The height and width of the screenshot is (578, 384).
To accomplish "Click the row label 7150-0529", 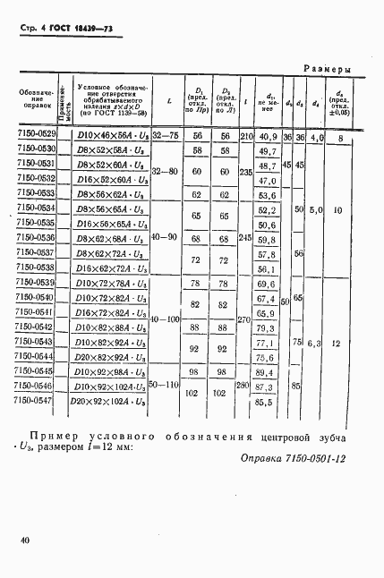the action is pos(36,135).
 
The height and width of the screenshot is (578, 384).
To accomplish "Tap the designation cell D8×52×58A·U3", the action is pos(110,150).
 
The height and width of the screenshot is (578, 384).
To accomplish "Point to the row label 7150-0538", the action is pos(36,268).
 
